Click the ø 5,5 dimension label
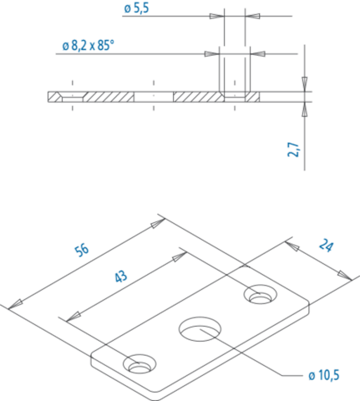click(x=136, y=8)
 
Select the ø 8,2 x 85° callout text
click(x=89, y=45)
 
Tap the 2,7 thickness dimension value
click(x=293, y=150)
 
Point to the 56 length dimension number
click(x=82, y=250)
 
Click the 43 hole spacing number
click(x=121, y=277)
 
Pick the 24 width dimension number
click(x=326, y=246)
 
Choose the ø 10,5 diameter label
click(x=324, y=375)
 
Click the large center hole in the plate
click(x=200, y=328)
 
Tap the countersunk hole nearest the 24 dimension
click(x=261, y=295)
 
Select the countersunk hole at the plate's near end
click(x=139, y=364)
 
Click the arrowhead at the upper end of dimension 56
click(x=158, y=223)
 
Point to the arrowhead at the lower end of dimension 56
click(x=15, y=304)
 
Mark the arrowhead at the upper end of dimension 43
click(x=180, y=256)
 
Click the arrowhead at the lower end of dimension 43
click(x=74, y=317)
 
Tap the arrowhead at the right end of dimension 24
click(x=345, y=275)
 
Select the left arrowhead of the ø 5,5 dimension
click(x=217, y=16)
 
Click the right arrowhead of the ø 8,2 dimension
click(x=257, y=53)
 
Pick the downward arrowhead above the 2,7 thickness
click(x=305, y=84)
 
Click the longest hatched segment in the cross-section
click(x=199, y=97)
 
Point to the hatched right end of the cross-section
click(x=253, y=97)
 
